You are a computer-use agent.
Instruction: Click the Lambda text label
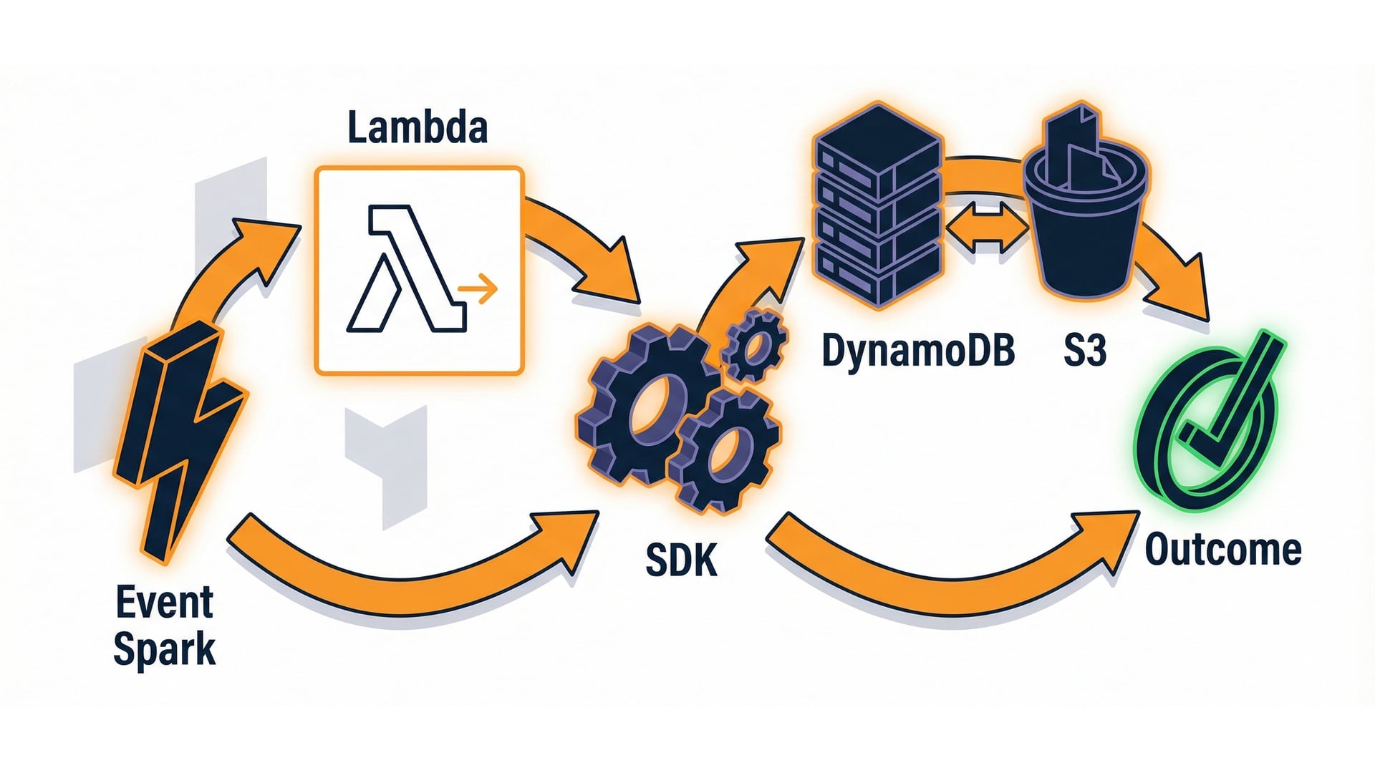click(x=418, y=127)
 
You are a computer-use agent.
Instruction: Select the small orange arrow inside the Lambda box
click(x=478, y=288)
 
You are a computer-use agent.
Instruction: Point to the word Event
click(x=164, y=603)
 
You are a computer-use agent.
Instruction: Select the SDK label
click(x=681, y=560)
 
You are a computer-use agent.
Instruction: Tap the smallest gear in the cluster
click(x=755, y=346)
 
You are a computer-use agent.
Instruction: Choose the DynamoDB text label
click(x=917, y=351)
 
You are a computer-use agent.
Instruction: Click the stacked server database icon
click(x=877, y=208)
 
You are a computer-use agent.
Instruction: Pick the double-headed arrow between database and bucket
click(x=986, y=228)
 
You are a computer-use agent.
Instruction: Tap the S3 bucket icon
click(x=1085, y=215)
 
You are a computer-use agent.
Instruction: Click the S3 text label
click(x=1084, y=351)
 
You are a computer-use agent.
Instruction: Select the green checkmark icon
click(x=1210, y=422)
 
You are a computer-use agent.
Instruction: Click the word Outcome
click(x=1223, y=550)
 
